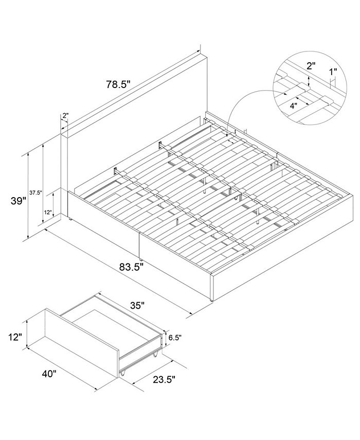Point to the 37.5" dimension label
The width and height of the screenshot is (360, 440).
tap(35, 193)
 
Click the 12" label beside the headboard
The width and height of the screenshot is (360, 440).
tap(48, 212)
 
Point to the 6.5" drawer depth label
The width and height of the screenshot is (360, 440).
tap(175, 338)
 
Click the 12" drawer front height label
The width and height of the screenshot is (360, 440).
tap(16, 338)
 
